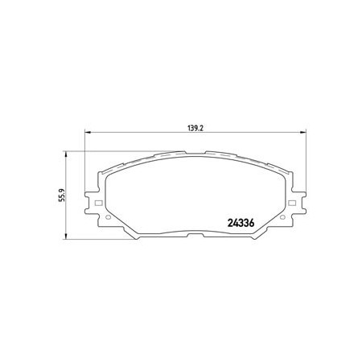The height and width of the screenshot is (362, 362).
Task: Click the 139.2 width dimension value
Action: [195, 128]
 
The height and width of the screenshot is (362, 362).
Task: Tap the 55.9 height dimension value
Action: [62, 195]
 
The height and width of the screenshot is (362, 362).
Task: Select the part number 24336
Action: [241, 223]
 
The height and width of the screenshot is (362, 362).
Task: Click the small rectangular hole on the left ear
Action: [98, 203]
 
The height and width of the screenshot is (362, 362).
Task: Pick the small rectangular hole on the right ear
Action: [292, 203]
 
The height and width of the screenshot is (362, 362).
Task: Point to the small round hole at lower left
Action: [108, 217]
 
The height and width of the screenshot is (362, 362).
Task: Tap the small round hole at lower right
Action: [282, 217]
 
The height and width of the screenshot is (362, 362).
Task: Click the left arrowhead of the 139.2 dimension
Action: [88, 132]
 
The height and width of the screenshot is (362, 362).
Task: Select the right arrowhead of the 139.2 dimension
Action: [302, 132]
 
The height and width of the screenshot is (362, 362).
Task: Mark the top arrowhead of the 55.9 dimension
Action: [66, 154]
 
